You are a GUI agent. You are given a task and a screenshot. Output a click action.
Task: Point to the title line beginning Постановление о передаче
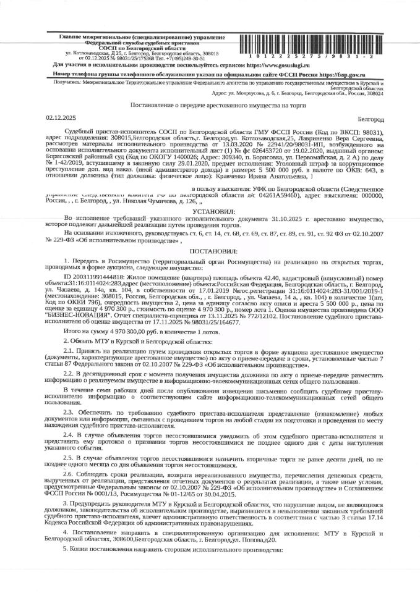pyautogui.click(x=210, y=106)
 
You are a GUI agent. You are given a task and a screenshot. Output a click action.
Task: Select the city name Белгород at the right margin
pyautogui.click(x=371, y=118)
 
